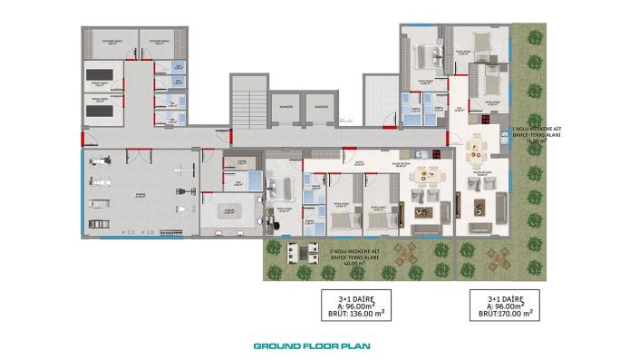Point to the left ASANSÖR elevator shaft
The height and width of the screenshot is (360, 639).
(283, 113)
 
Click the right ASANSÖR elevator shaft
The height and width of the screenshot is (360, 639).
(320, 113)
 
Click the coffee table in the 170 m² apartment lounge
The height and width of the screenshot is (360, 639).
(479, 209)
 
